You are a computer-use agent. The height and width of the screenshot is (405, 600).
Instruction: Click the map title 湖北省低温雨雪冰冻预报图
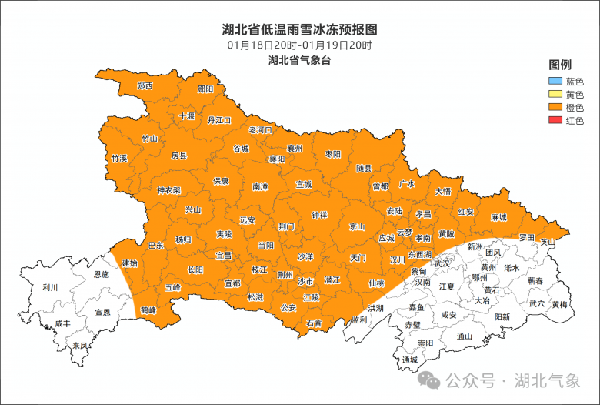299,30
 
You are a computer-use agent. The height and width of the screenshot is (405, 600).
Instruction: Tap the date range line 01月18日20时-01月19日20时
299,45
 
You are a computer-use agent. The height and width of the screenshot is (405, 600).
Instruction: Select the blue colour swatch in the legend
554,81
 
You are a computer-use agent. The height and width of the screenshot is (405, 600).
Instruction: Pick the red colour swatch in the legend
554,120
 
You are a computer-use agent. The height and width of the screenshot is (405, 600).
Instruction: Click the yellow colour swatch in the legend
554,94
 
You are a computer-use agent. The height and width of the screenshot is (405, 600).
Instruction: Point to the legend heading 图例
559,64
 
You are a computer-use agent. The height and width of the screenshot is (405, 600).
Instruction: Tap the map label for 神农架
168,190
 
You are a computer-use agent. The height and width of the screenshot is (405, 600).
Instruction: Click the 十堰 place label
187,116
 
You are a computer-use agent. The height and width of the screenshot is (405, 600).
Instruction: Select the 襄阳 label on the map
277,159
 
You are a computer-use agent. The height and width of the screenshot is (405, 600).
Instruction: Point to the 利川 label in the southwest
51,288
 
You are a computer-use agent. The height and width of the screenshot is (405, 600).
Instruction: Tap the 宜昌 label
223,255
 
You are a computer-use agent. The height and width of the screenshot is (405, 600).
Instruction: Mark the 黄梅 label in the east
560,305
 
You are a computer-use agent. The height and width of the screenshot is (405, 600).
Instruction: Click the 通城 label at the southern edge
409,360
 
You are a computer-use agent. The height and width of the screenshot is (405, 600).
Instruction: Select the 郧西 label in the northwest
145,85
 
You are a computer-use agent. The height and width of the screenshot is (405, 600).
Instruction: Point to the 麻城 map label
498,218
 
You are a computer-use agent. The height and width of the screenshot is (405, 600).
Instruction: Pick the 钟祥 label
319,214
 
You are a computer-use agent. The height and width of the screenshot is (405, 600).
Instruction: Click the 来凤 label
79,346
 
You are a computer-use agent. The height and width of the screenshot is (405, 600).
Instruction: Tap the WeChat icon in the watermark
431,380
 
